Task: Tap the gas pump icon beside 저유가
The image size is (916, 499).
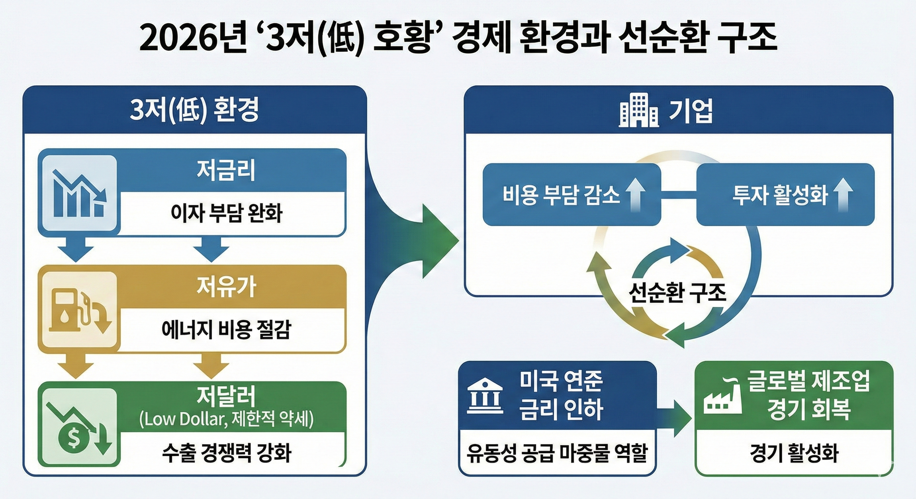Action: click(79, 311)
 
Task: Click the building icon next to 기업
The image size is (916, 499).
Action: click(638, 110)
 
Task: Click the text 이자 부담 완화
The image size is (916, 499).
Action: click(226, 213)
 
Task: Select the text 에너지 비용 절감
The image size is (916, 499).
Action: click(226, 330)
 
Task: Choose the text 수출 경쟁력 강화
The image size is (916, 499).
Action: click(226, 453)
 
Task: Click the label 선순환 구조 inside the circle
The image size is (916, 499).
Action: click(677, 293)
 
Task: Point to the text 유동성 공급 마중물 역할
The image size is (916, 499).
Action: click(557, 453)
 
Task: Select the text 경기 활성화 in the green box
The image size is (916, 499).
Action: click(794, 453)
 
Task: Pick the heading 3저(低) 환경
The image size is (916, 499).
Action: click(194, 110)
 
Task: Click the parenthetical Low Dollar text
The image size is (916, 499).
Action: click(226, 419)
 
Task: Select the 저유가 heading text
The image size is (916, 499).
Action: click(226, 287)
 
